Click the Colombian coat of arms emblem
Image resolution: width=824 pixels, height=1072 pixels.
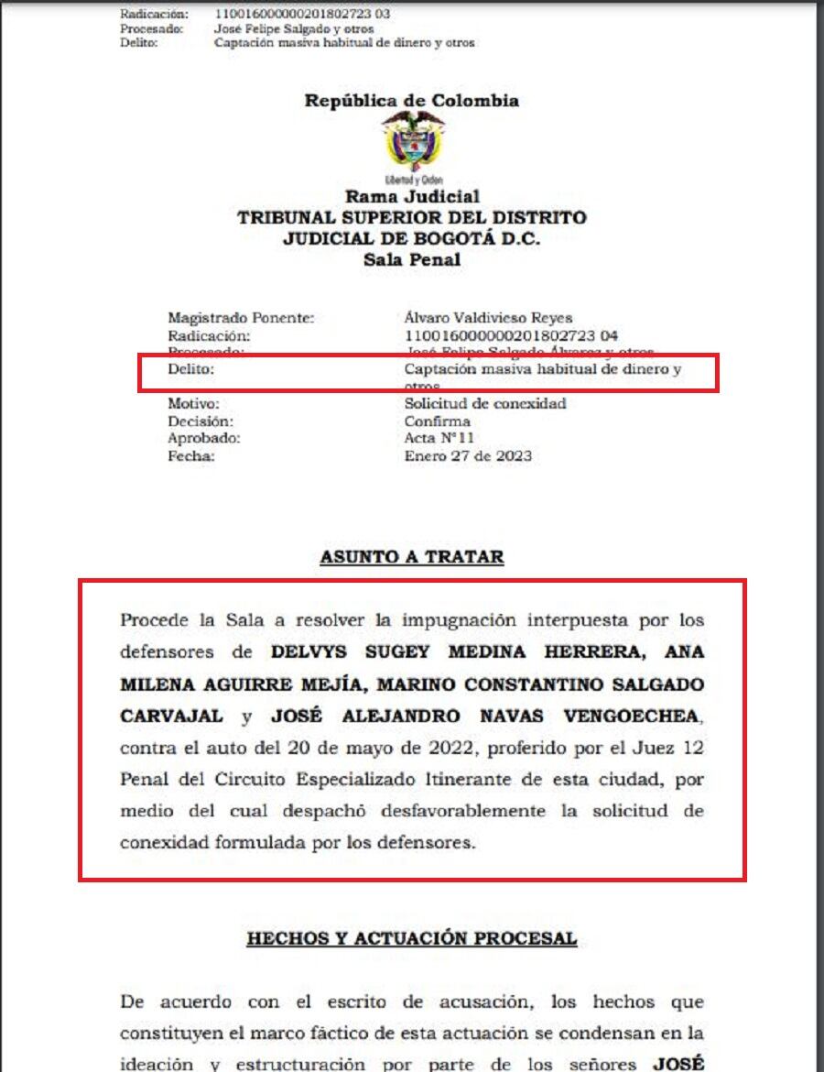(x=413, y=144)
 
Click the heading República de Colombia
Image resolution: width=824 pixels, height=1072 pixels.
(x=412, y=101)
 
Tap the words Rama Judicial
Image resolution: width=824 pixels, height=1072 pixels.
(x=412, y=197)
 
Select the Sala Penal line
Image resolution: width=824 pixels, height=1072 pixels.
(x=412, y=259)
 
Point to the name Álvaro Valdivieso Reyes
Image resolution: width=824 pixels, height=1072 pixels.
(x=488, y=318)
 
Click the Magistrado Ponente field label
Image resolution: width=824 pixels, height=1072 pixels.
(x=241, y=318)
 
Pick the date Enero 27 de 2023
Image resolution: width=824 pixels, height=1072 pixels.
(x=468, y=456)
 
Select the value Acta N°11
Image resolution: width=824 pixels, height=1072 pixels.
(x=439, y=439)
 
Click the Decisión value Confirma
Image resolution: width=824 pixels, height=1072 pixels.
(x=438, y=421)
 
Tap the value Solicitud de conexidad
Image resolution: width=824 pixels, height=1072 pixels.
(x=485, y=403)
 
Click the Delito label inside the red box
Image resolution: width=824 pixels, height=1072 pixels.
(x=190, y=370)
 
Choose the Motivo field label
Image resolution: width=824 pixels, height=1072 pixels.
(x=193, y=403)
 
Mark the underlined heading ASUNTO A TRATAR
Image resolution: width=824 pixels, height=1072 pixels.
(x=412, y=557)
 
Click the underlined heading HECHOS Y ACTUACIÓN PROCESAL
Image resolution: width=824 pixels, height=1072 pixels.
(x=412, y=939)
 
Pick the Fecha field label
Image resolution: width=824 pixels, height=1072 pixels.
(x=190, y=456)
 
